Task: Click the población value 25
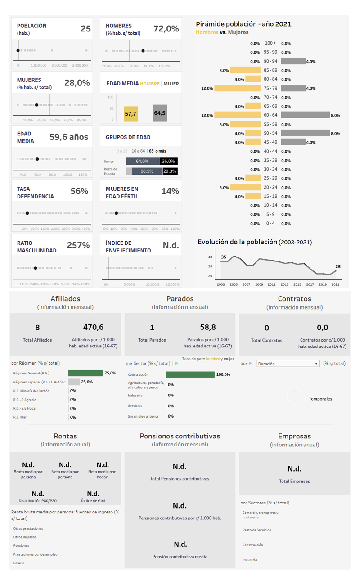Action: click(x=85, y=29)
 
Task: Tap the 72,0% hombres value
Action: click(x=166, y=29)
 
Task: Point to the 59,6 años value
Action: click(x=69, y=137)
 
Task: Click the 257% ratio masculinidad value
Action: click(x=78, y=245)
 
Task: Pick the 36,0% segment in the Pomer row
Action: click(x=169, y=161)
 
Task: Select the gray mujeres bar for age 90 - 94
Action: click(x=293, y=61)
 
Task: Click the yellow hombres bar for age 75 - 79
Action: click(x=238, y=88)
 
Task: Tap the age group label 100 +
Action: click(x=270, y=43)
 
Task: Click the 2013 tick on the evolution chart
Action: click(x=284, y=284)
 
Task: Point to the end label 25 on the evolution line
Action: click(x=338, y=266)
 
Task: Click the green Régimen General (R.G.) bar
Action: click(x=86, y=373)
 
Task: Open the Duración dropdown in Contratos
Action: click(x=288, y=364)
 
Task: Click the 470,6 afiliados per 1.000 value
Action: click(x=93, y=327)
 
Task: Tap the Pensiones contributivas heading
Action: click(x=180, y=436)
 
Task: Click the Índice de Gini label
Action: click(x=93, y=500)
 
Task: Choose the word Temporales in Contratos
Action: click(x=320, y=399)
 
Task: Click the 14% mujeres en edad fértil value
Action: click(x=170, y=191)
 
